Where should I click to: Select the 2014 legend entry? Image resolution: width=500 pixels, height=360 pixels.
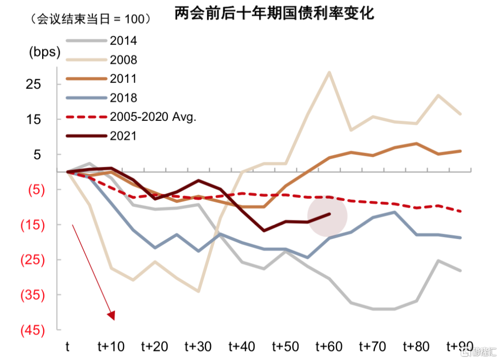click(123, 41)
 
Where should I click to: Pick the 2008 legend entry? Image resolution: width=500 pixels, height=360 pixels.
click(123, 60)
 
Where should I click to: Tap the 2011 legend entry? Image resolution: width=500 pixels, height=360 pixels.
click(123, 79)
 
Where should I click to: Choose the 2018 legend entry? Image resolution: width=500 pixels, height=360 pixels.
click(123, 98)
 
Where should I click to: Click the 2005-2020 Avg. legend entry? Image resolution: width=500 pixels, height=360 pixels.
click(153, 117)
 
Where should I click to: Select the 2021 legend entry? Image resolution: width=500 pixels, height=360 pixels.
click(123, 136)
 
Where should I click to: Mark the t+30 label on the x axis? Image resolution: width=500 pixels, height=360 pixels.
click(198, 346)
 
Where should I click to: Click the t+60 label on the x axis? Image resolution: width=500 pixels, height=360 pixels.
click(328, 346)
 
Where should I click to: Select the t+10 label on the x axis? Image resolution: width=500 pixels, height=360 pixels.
click(111, 346)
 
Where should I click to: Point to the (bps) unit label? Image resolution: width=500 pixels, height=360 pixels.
click(45, 52)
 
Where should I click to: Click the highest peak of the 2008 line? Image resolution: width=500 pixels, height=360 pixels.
click(329, 72)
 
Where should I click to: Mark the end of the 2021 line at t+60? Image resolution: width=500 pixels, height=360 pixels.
click(330, 214)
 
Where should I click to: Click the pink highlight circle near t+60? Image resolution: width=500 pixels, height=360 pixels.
click(327, 216)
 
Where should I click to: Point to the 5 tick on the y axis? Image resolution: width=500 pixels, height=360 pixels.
click(36, 154)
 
